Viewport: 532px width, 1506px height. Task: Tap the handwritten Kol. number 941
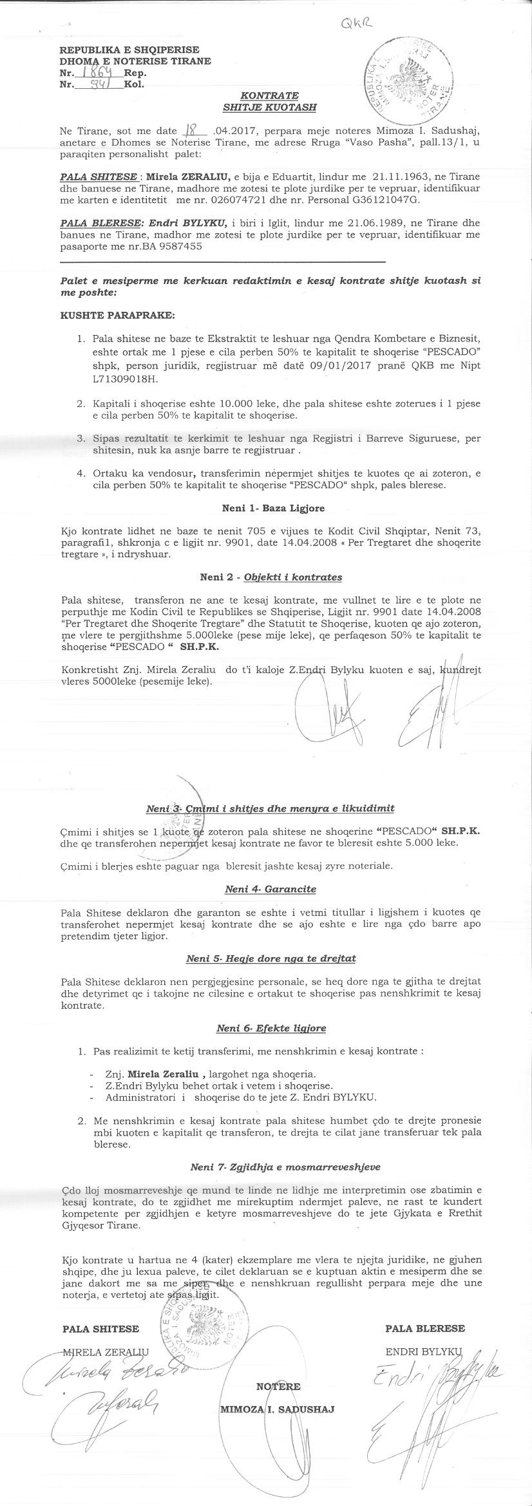(96, 84)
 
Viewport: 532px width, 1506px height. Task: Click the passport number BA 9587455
(164, 247)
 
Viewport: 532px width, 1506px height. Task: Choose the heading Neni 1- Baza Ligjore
(273, 508)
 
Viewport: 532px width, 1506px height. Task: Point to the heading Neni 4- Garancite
(271, 889)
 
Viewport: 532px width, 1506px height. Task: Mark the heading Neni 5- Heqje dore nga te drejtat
(271, 958)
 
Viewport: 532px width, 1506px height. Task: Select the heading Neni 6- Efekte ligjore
(271, 1028)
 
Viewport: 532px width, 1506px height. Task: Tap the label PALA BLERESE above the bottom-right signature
(424, 1328)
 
